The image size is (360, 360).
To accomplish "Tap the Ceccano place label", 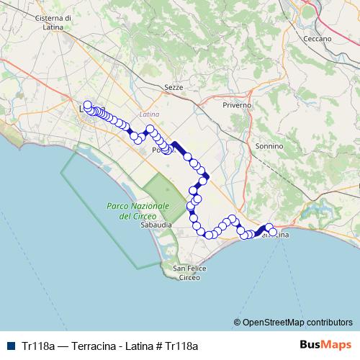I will [x=317, y=38].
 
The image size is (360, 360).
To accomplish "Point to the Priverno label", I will [x=238, y=105].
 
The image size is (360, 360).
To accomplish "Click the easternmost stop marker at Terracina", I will [x=273, y=232].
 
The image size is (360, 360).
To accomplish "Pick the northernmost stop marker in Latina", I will [x=87, y=104].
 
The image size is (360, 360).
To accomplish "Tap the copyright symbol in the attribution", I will [x=237, y=323].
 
